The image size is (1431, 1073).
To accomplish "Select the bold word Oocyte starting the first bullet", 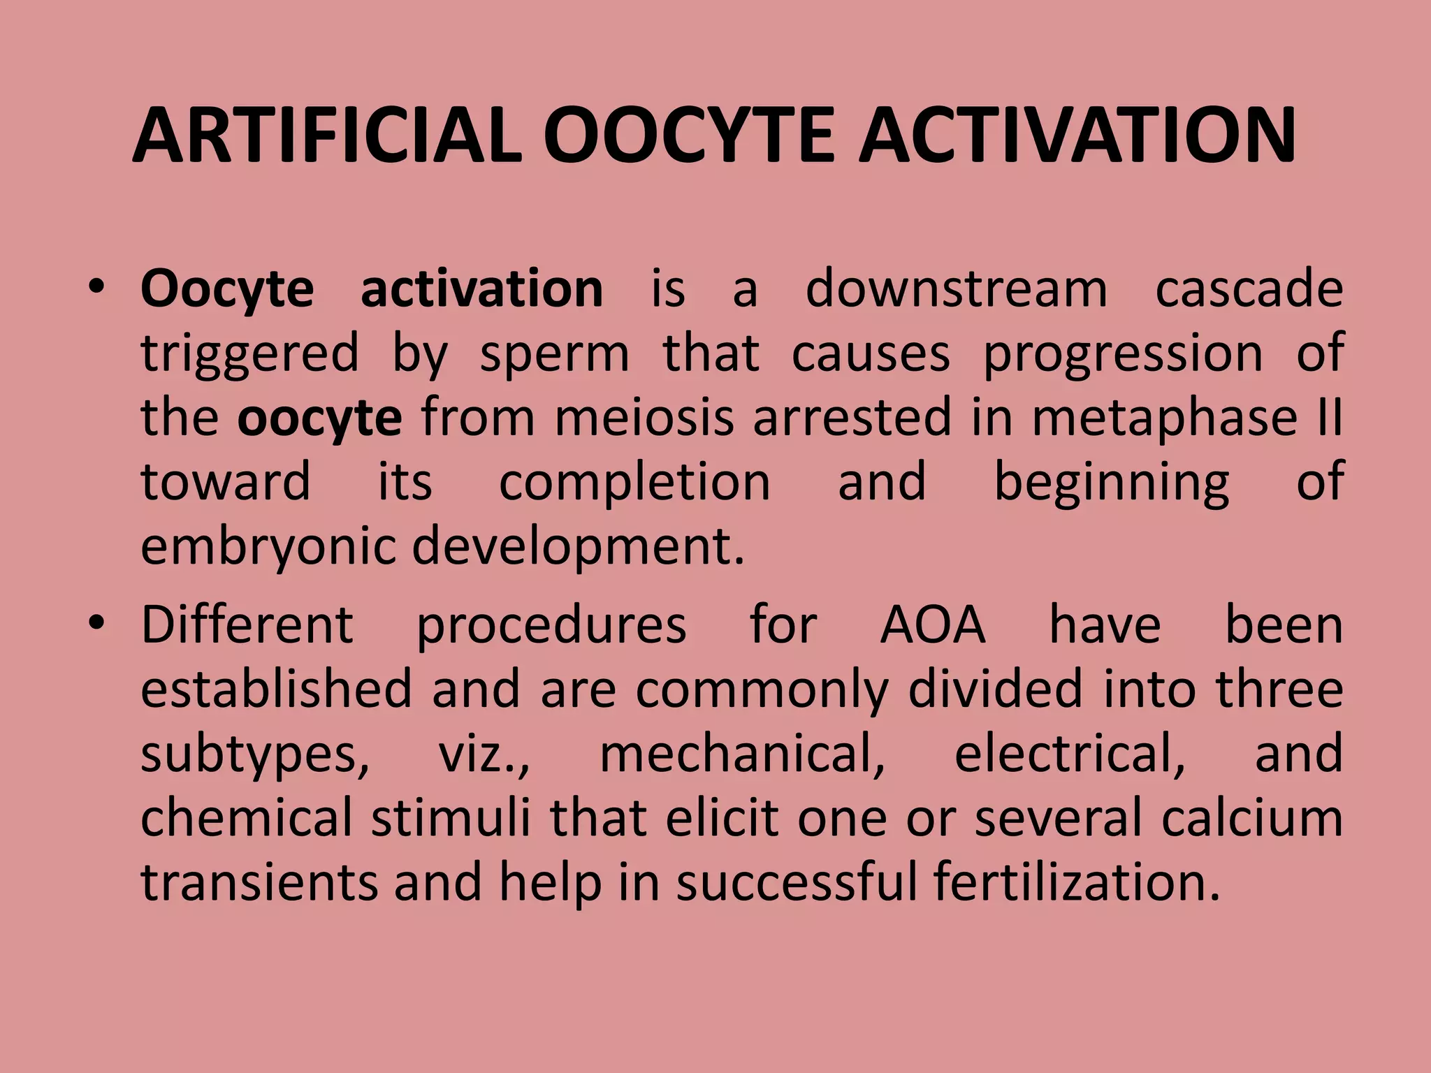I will pyautogui.click(x=227, y=289).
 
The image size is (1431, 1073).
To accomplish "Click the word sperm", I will pyautogui.click(x=555, y=353).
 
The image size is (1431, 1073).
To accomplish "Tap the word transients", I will pyautogui.click(x=259, y=882).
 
